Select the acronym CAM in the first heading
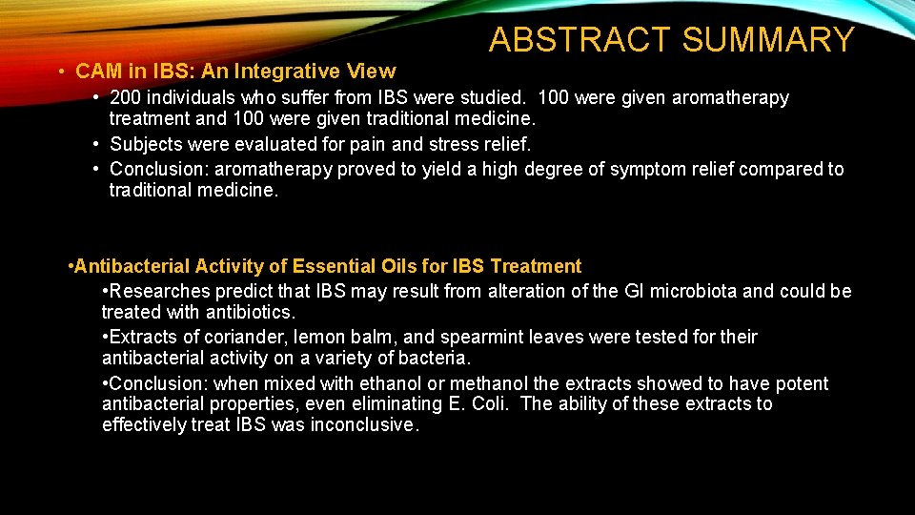[x=95, y=72]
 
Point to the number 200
[x=127, y=98]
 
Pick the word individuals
[x=195, y=98]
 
